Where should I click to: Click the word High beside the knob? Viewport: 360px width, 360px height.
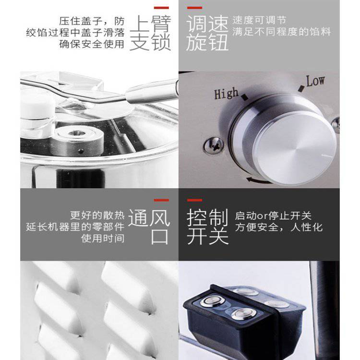(x=227, y=93)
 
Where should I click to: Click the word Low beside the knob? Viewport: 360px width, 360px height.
(x=315, y=81)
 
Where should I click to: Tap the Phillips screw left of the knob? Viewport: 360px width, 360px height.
(x=214, y=145)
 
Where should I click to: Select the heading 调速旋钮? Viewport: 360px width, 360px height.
(x=207, y=33)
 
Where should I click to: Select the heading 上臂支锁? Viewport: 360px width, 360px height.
(x=150, y=33)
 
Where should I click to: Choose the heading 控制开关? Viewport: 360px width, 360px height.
(x=207, y=227)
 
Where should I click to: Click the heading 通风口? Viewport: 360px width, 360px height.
(x=149, y=227)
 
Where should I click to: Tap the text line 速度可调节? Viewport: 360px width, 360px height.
(x=259, y=21)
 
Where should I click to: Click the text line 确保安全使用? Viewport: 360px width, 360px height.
(x=92, y=44)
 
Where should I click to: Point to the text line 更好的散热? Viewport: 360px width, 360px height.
(x=97, y=216)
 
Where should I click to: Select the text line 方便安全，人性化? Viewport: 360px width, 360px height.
(x=279, y=228)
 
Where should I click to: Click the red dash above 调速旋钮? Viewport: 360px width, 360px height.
(x=194, y=8)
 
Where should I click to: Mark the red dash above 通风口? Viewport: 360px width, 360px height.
(x=161, y=200)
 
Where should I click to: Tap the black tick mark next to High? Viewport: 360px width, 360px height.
(x=245, y=97)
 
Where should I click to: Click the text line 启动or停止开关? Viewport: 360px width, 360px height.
(x=273, y=216)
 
